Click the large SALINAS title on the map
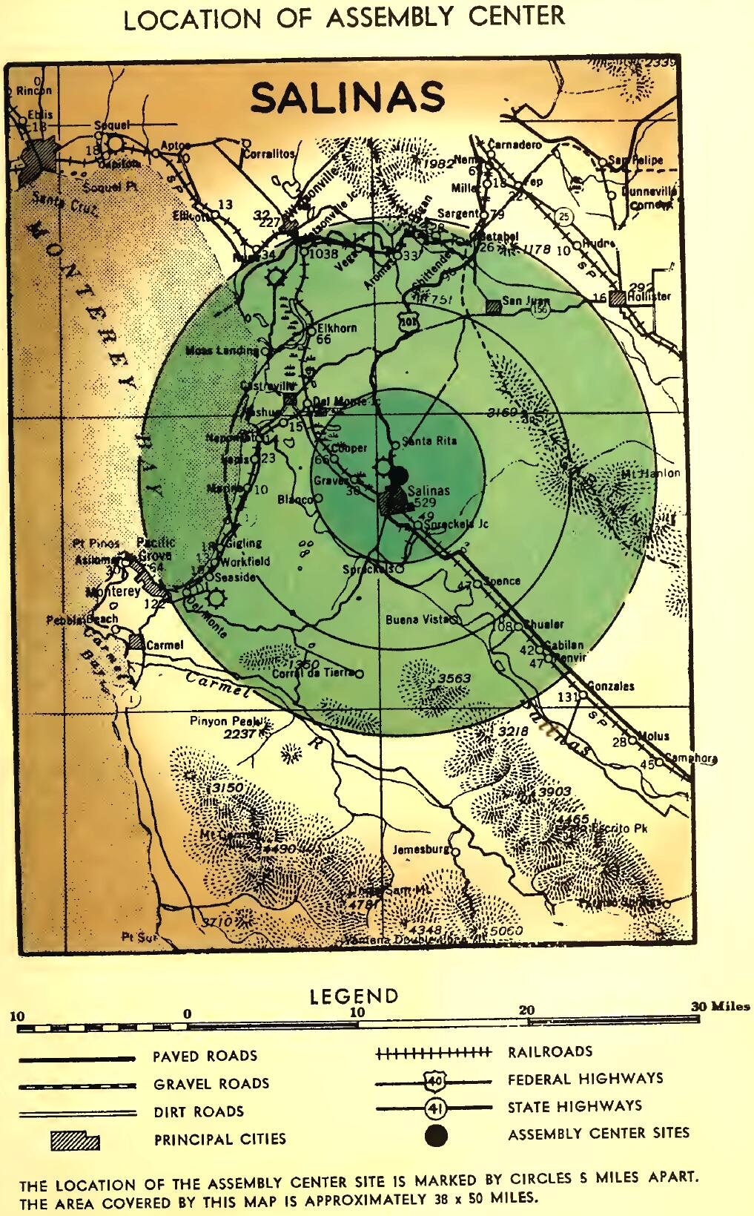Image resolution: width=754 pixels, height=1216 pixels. [348, 97]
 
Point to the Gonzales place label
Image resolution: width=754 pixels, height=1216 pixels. [610, 686]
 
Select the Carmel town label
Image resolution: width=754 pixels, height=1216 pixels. [164, 645]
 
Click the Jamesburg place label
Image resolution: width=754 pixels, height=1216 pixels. [420, 849]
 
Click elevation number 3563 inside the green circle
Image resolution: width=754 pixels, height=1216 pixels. [453, 679]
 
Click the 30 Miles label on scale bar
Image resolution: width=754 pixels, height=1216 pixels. [720, 1007]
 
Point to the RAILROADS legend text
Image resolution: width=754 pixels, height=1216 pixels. [549, 1051]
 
